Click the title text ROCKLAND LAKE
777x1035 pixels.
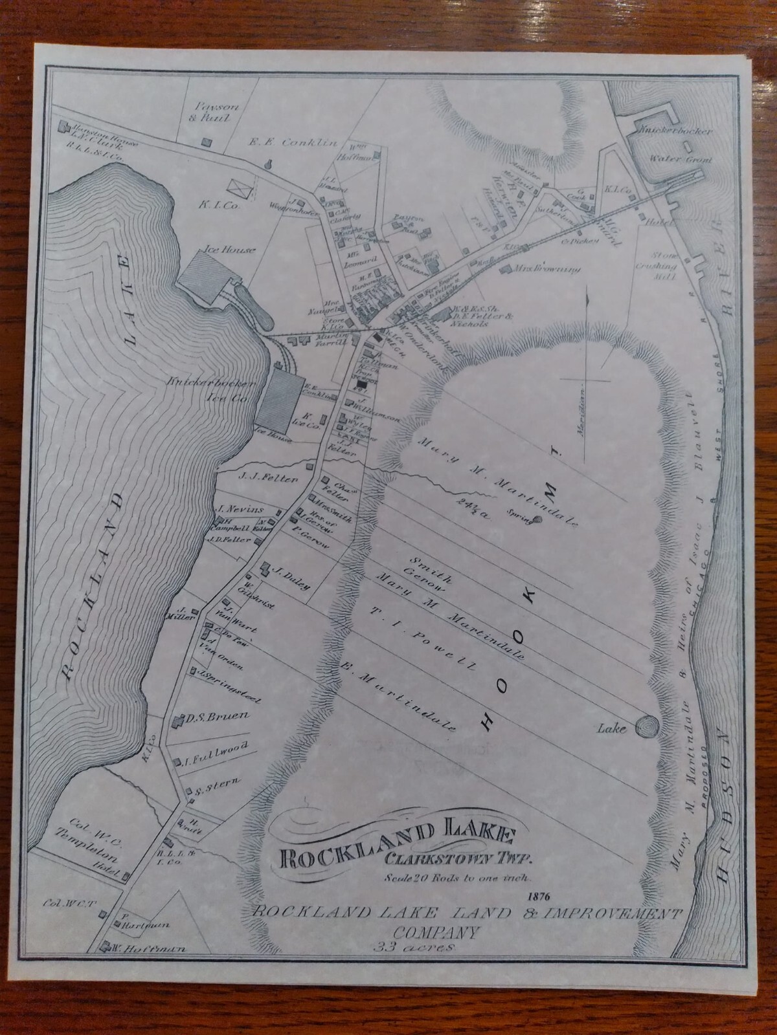[397, 842]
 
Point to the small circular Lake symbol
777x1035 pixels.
[646, 726]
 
